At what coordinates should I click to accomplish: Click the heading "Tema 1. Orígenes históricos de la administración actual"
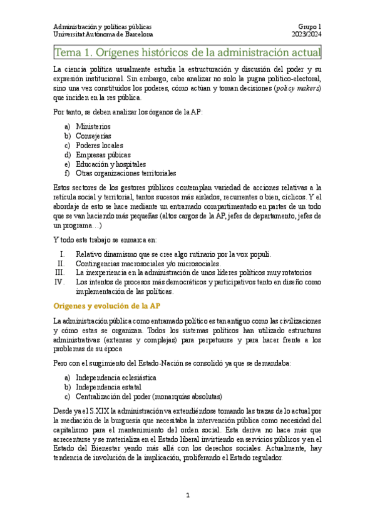187,52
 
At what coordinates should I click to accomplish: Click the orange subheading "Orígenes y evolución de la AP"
107,306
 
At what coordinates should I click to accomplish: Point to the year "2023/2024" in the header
306,35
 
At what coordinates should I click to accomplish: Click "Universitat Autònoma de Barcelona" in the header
103,35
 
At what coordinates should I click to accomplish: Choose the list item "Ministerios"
93,126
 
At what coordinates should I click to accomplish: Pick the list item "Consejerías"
94,136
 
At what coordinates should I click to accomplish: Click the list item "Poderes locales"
100,145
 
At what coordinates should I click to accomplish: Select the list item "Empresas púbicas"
103,154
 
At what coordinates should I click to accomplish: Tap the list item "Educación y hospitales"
111,164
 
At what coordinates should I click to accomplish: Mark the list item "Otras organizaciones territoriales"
126,173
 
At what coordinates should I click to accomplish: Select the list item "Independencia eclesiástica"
116,378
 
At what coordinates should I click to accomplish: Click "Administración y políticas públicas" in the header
102,27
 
